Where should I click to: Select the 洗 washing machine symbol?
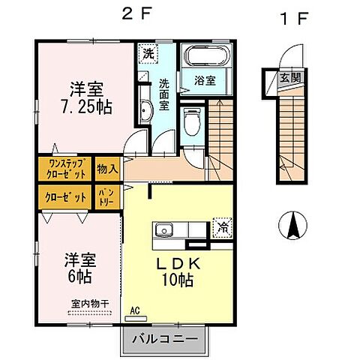click(x=147, y=54)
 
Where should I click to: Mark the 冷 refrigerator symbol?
click(x=223, y=224)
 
